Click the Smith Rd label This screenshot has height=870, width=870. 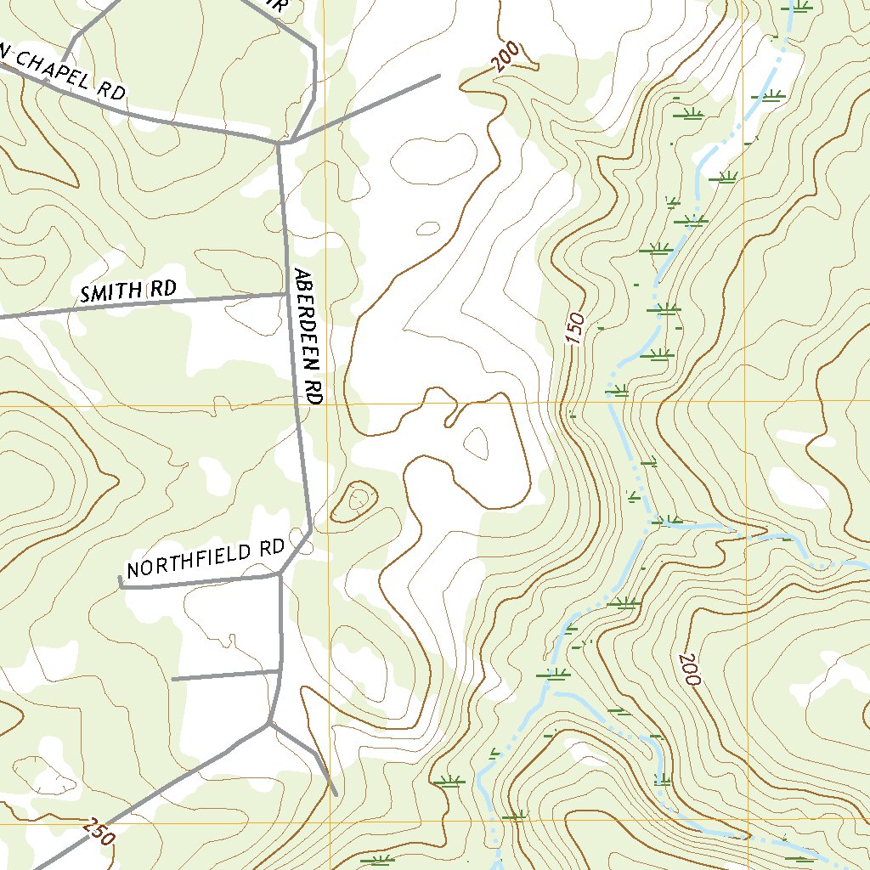tap(127, 291)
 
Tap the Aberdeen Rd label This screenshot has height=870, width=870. tap(308, 336)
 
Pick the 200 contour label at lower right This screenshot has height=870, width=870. tap(688, 670)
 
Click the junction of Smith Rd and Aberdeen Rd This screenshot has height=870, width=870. tap(285, 294)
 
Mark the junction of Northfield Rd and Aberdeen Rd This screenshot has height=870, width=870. tap(280, 575)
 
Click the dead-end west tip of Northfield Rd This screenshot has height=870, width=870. tap(120, 582)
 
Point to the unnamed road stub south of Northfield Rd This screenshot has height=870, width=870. tap(225, 675)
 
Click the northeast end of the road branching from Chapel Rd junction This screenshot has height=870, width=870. tap(438, 76)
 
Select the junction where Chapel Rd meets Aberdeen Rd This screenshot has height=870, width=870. tap(280, 143)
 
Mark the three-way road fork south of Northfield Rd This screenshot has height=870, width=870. tap(269, 723)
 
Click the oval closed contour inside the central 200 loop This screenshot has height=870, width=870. tap(475, 442)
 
